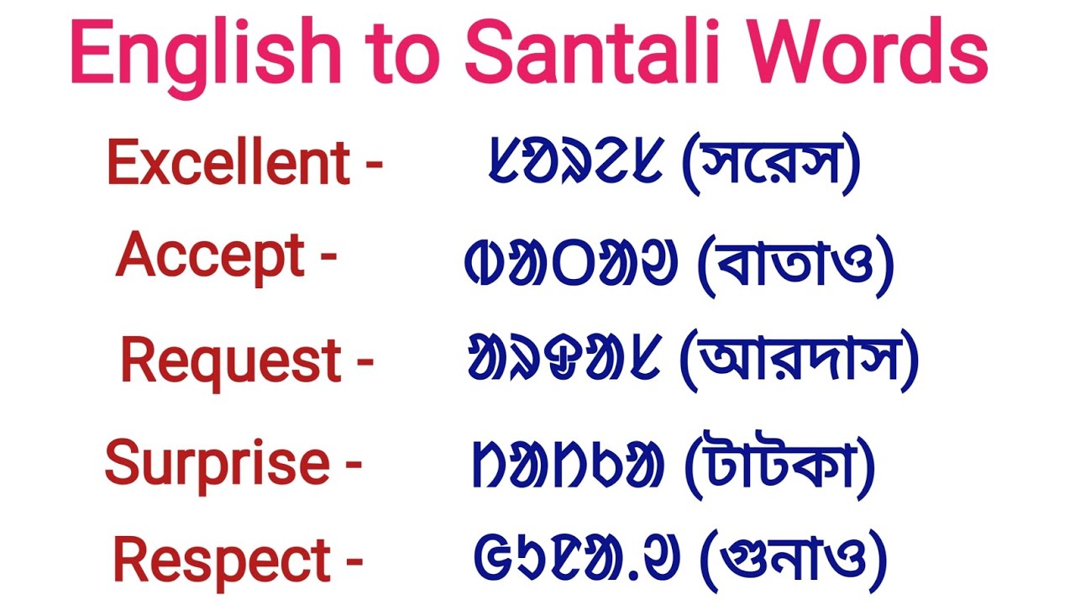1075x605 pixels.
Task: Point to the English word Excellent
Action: [x=228, y=163]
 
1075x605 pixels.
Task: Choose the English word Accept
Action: [x=211, y=255]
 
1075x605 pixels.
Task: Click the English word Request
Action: [x=231, y=361]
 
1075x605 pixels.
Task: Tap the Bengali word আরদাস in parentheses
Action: [x=799, y=362]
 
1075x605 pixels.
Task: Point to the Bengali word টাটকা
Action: [x=780, y=463]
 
